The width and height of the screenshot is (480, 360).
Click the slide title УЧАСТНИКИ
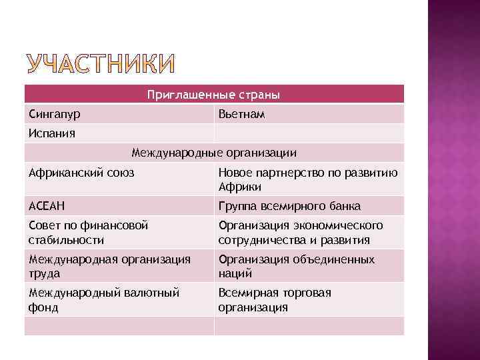101,64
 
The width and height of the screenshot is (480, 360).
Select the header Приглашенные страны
213,95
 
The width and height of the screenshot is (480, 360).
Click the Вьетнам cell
241,115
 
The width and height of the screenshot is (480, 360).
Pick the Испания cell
52,133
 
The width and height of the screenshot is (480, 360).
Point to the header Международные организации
214,153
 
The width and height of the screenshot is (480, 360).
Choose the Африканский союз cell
81,173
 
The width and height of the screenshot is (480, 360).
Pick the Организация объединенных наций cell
296,266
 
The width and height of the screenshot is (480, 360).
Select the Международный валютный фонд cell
104,299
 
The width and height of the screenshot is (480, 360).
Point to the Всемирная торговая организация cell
275,299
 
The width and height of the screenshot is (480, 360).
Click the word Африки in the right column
235,187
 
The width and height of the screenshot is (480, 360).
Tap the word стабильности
66,240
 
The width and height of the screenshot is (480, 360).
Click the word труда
44,273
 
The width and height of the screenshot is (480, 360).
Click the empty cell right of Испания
308,133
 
